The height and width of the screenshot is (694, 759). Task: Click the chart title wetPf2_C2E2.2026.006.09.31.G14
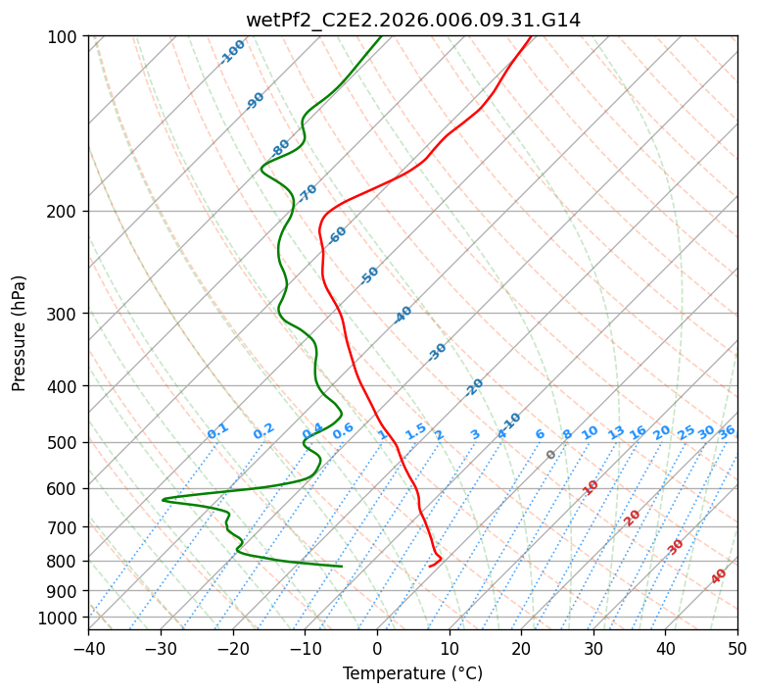(x=413, y=21)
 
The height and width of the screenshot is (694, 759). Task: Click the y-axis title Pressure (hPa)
(x=19, y=333)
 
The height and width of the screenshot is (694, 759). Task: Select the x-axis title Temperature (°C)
(x=413, y=673)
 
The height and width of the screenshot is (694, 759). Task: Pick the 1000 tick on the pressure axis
(x=64, y=619)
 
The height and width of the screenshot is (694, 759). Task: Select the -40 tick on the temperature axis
(x=88, y=648)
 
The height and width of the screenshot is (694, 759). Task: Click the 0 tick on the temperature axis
(x=378, y=648)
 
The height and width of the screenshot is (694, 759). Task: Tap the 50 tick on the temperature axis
(x=737, y=648)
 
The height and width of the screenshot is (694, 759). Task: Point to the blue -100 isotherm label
(x=232, y=52)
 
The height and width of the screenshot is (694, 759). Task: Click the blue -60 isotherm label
(x=337, y=235)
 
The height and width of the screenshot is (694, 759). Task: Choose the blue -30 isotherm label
(x=437, y=352)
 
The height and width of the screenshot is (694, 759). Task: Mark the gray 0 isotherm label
(x=550, y=455)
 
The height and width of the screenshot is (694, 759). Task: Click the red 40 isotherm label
(x=719, y=576)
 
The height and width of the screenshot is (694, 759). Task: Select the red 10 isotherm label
(x=591, y=487)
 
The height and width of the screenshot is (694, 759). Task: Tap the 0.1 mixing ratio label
(x=217, y=431)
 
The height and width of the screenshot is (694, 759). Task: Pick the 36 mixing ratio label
(x=727, y=432)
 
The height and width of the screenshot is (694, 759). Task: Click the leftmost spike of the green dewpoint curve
(x=163, y=499)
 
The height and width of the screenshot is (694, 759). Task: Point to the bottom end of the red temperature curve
(x=429, y=566)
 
